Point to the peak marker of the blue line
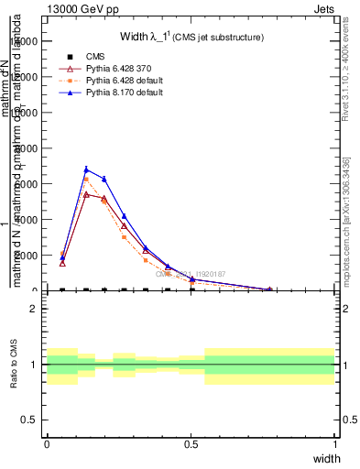pos(86,169)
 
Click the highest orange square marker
pos(86,179)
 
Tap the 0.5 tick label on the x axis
pos(191,444)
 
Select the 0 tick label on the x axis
pos(47,444)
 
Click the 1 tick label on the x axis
pos(334,444)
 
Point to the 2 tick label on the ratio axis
pos(34,309)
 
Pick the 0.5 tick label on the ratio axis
pos(30,420)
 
